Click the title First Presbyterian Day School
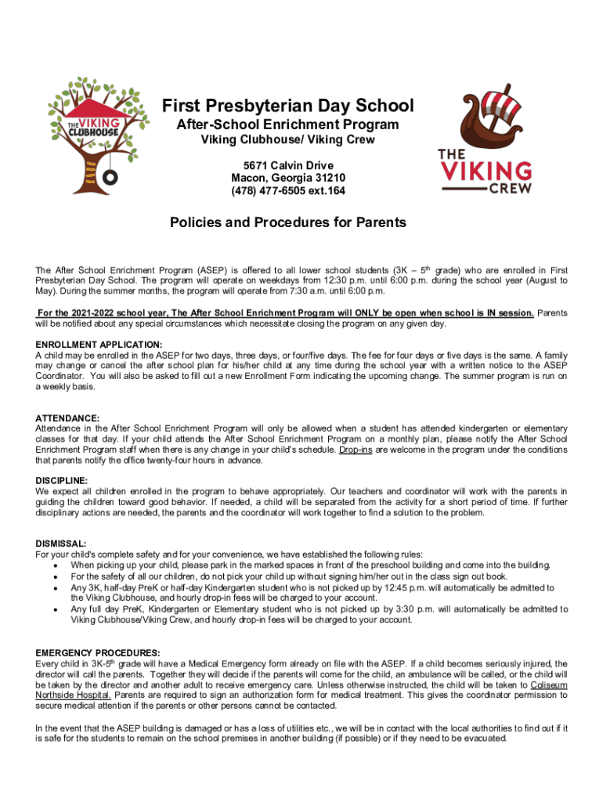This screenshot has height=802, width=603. tap(287, 106)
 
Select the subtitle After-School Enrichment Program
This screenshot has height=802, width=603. tap(287, 125)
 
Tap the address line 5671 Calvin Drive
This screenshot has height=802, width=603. tap(287, 165)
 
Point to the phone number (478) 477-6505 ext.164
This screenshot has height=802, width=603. tap(287, 190)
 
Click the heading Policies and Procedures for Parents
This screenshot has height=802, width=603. tap(287, 222)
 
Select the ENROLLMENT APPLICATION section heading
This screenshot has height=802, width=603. tap(99, 345)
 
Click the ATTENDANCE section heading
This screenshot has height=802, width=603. tap(67, 418)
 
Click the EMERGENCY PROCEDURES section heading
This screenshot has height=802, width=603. tap(98, 652)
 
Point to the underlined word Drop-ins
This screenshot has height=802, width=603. tap(356, 450)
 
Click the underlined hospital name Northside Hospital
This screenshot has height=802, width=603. tap(73, 695)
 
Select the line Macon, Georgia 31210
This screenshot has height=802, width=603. tap(287, 178)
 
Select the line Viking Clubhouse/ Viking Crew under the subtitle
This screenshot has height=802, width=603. tap(287, 140)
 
